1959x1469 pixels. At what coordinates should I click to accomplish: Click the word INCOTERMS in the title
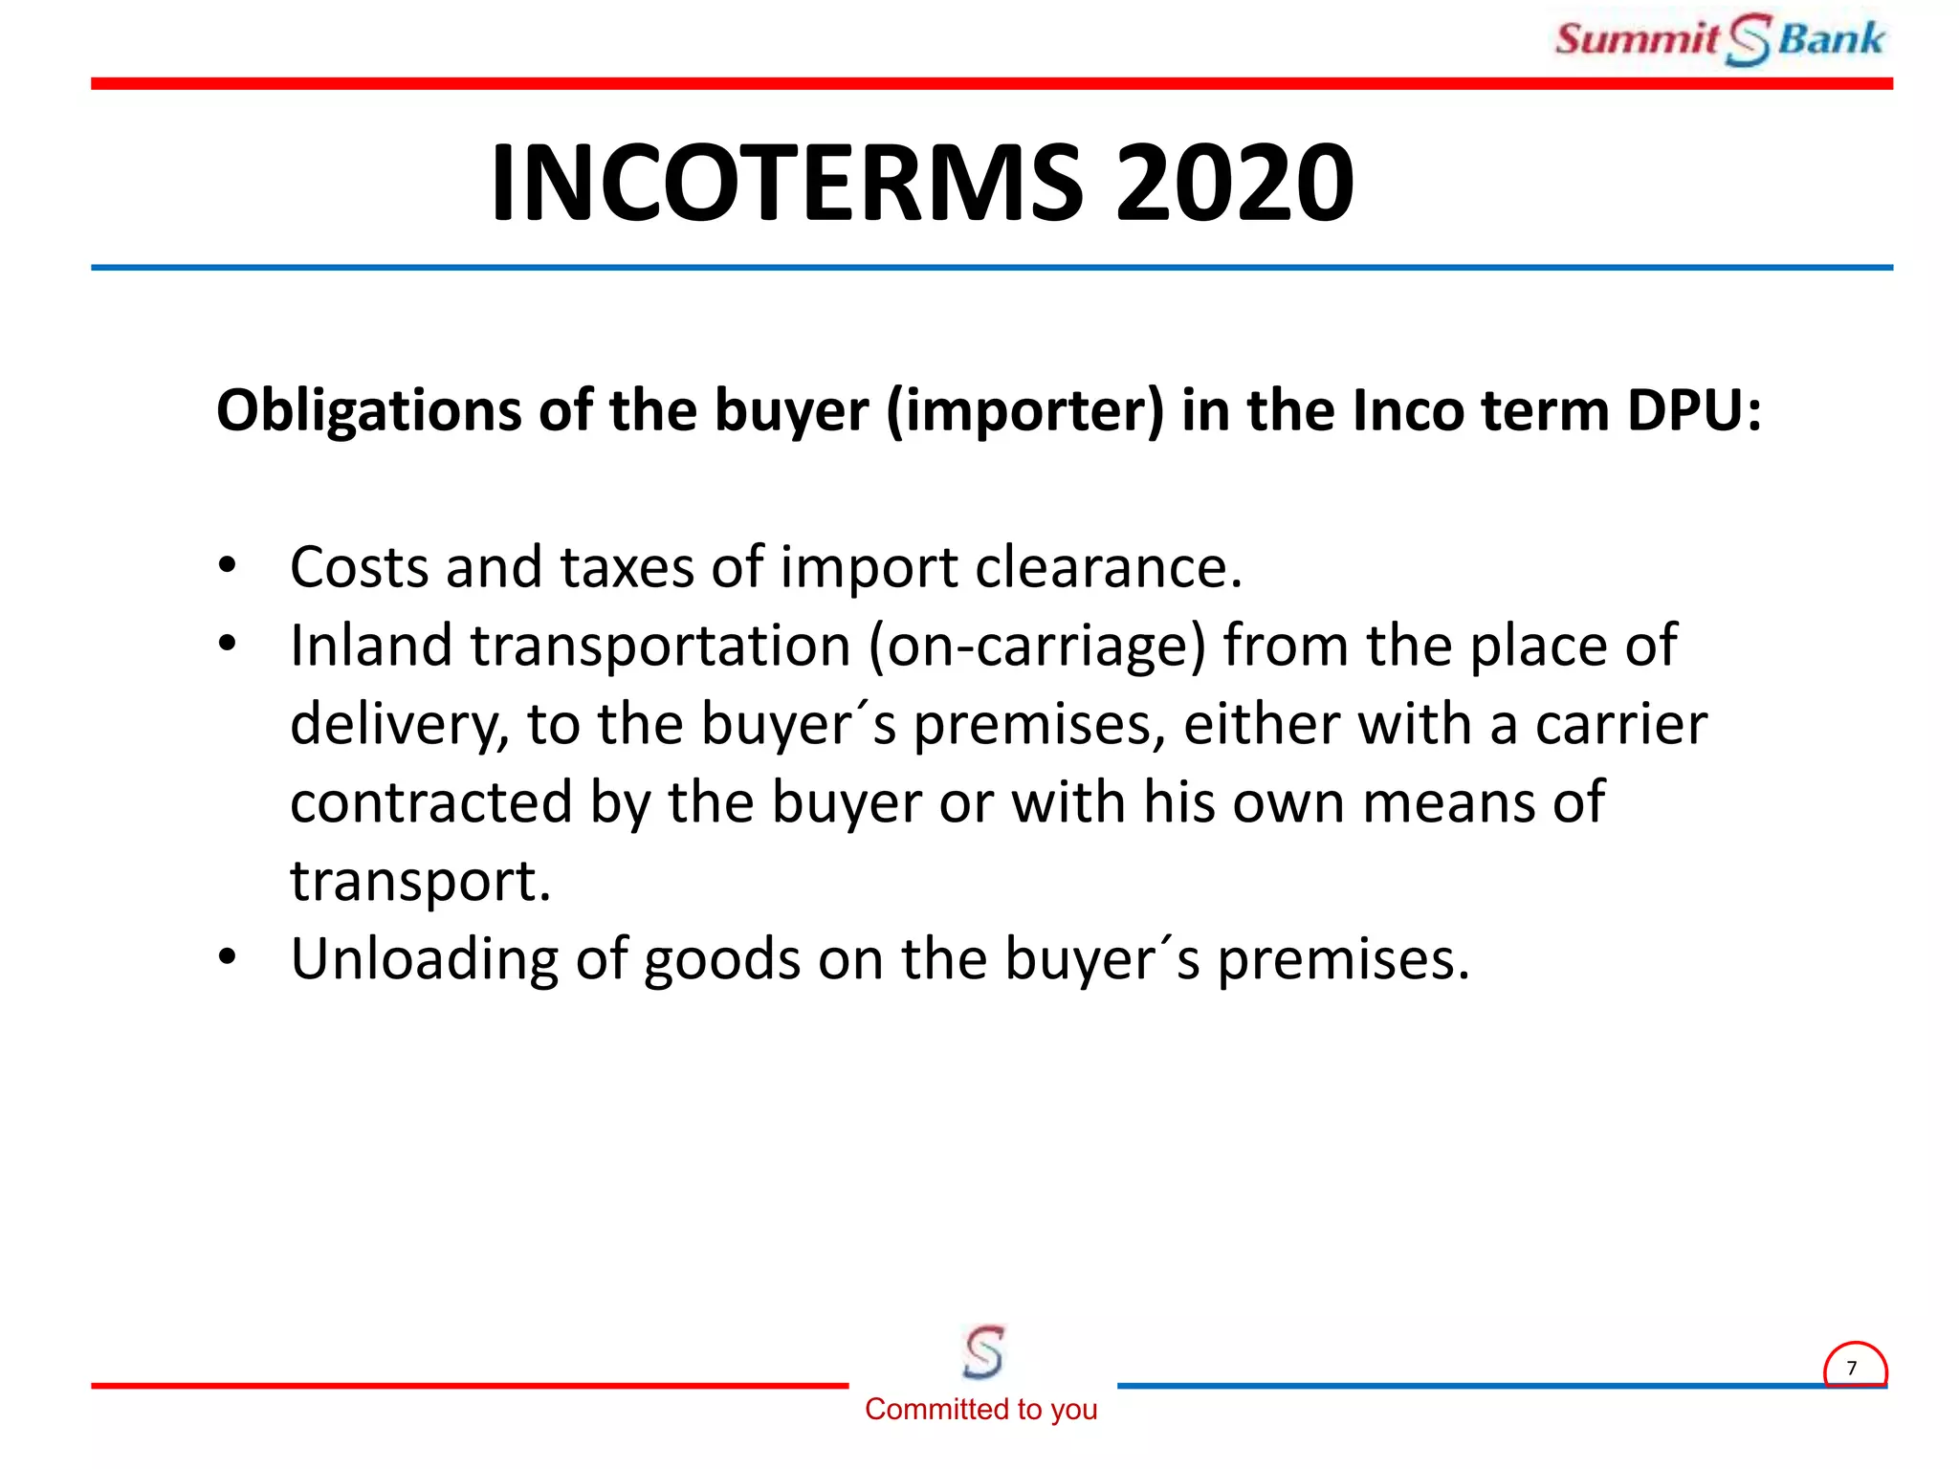(x=787, y=183)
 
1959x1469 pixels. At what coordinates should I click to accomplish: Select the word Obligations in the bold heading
(x=369, y=411)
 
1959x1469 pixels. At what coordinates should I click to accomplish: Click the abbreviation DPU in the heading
(x=1693, y=411)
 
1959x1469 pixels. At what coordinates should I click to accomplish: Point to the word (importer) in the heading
(x=1025, y=411)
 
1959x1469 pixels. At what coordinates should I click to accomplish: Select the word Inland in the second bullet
(x=371, y=646)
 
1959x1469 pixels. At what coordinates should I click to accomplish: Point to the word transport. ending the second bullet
(x=421, y=881)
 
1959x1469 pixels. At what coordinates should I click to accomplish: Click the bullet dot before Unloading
(x=227, y=956)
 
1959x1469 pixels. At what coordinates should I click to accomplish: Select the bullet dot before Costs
(x=227, y=565)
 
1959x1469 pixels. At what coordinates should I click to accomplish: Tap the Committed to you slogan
(x=980, y=1409)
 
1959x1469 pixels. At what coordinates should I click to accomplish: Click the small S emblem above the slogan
(x=983, y=1351)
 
